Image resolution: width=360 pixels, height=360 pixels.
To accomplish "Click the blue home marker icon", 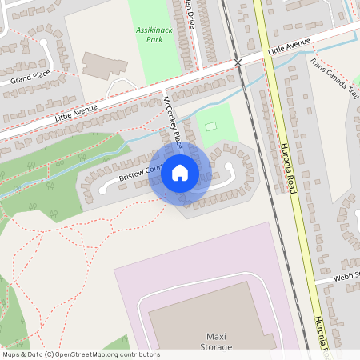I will click(180, 172).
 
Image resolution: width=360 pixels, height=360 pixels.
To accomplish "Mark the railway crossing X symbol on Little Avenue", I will click(238, 62).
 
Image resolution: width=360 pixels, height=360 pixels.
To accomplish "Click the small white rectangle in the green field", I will click(211, 126).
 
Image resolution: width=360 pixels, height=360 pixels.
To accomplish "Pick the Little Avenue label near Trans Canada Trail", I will click(289, 50).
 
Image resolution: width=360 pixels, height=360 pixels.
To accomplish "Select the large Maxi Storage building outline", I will click(210, 316).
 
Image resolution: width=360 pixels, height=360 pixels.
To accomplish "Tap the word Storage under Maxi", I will click(218, 347).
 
